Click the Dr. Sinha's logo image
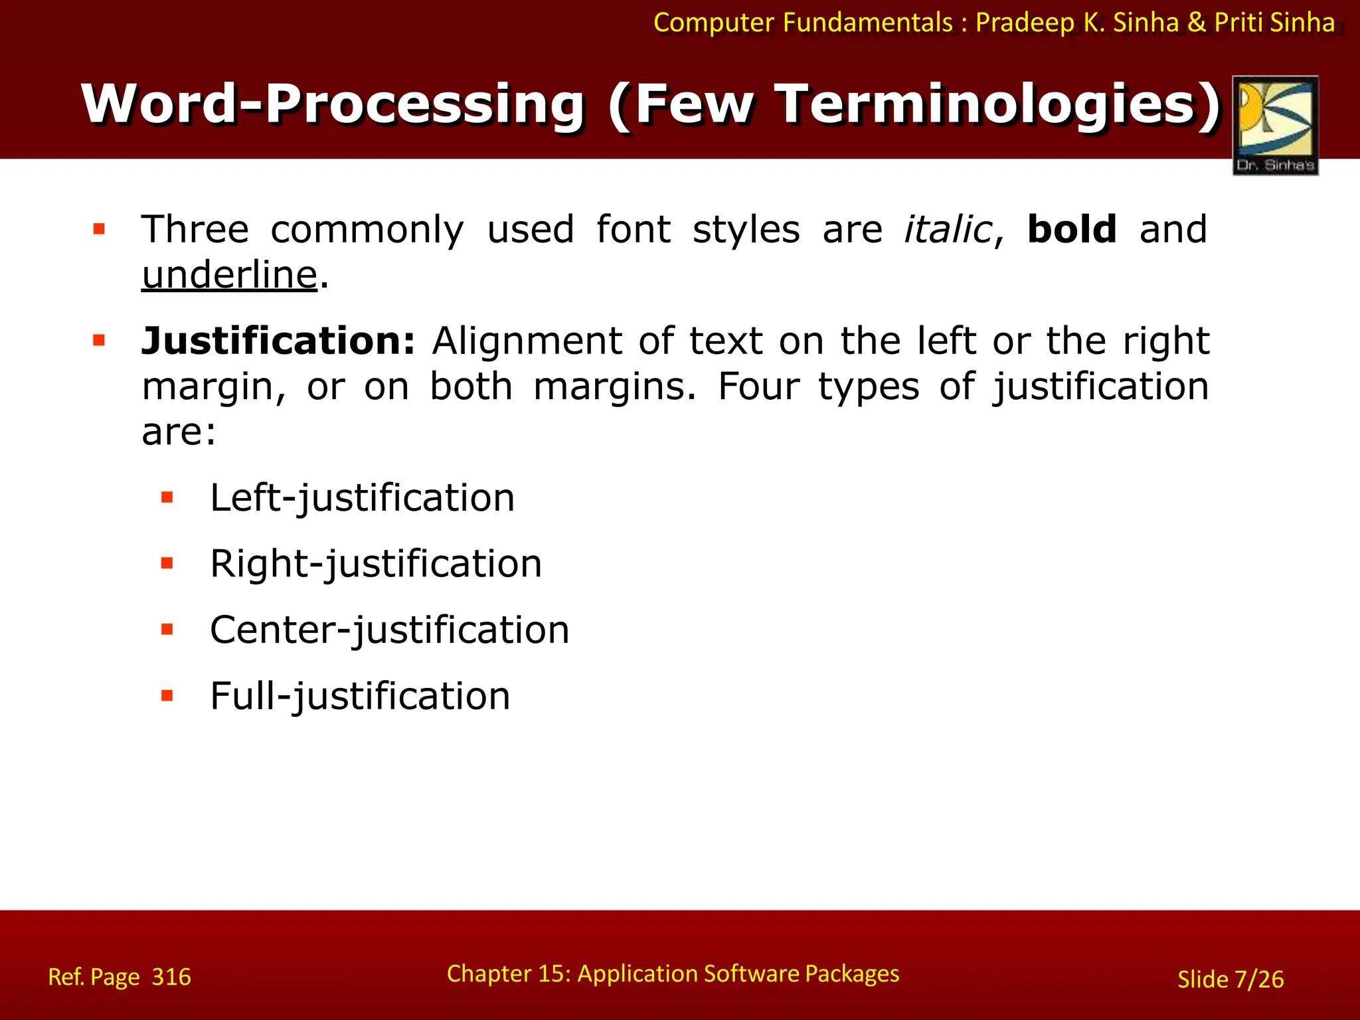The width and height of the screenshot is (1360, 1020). click(x=1275, y=125)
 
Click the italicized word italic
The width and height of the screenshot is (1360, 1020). click(x=948, y=230)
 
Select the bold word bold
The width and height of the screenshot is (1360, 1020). click(x=1071, y=230)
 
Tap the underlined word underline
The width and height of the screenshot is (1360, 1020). click(x=230, y=275)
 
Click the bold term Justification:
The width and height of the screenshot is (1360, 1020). click(x=278, y=341)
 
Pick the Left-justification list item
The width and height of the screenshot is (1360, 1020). click(x=362, y=498)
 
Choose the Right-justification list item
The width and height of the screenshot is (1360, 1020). click(x=376, y=564)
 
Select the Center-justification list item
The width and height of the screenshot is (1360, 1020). click(x=389, y=630)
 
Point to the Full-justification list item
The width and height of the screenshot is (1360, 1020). click(x=360, y=697)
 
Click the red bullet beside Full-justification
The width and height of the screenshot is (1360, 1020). click(x=167, y=696)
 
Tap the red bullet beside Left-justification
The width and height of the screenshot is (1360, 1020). click(x=167, y=497)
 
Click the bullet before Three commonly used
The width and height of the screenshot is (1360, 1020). click(x=100, y=230)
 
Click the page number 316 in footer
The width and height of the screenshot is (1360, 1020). click(x=171, y=977)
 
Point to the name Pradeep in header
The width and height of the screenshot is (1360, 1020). click(x=1025, y=23)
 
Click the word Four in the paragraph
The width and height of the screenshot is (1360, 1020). click(x=758, y=387)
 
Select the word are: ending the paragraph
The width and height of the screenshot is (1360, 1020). click(x=179, y=432)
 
